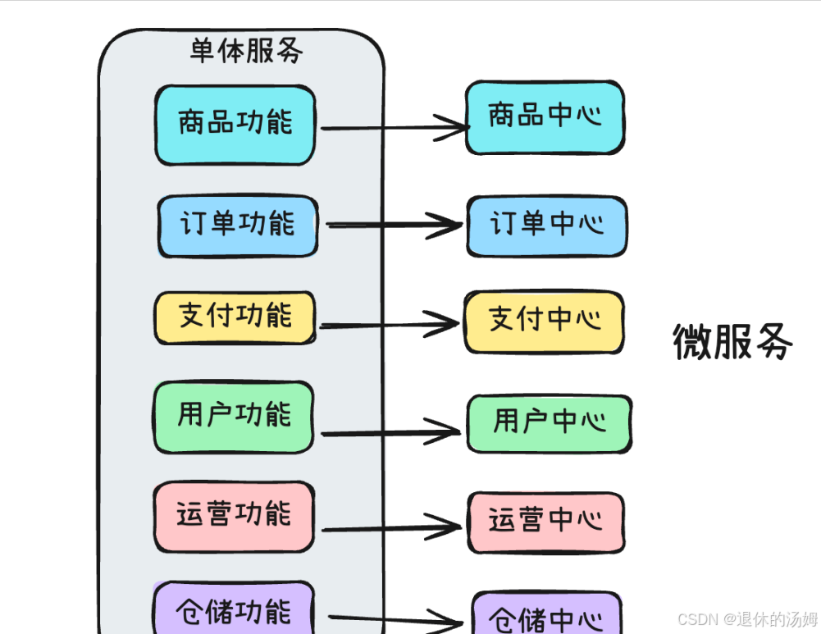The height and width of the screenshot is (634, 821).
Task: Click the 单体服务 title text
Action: click(x=246, y=52)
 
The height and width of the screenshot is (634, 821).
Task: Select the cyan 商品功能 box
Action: click(x=235, y=125)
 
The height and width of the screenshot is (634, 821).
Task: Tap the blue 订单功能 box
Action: click(x=238, y=226)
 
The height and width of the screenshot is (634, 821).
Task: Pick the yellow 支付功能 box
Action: click(x=235, y=317)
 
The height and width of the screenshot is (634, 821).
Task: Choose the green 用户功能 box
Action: click(x=235, y=416)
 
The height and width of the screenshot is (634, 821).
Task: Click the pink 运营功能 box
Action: click(x=235, y=516)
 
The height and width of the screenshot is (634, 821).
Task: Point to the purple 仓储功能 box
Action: click(x=235, y=609)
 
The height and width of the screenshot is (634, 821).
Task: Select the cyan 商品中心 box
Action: click(x=545, y=116)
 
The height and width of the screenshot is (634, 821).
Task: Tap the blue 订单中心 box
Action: click(x=547, y=226)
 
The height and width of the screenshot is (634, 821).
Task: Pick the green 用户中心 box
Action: click(x=549, y=423)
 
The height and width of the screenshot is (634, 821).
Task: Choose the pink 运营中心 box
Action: click(x=546, y=522)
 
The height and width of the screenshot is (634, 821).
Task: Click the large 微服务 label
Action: click(x=732, y=341)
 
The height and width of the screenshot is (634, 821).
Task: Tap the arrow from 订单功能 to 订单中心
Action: click(x=394, y=225)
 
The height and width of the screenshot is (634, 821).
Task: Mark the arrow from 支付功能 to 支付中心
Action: click(x=389, y=326)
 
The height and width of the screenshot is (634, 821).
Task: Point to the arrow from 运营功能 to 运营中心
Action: click(x=391, y=527)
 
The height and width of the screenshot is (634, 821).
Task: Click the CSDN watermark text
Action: click(x=747, y=618)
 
